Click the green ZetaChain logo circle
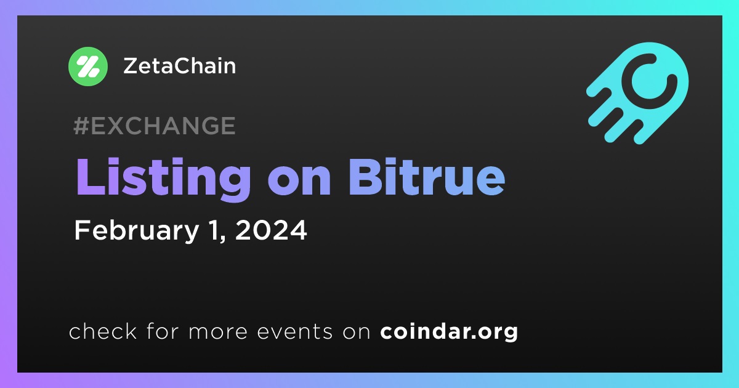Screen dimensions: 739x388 coord(87,67)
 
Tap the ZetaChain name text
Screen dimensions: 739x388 coord(179,66)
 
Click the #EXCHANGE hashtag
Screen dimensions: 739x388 coord(155,126)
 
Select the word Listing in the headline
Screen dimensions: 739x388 coord(163,178)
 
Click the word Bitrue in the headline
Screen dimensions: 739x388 coord(427,177)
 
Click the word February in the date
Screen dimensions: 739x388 coord(136,231)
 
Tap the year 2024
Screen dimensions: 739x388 coord(271,230)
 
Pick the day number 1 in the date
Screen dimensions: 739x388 coord(216,230)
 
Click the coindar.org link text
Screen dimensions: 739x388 coord(449,331)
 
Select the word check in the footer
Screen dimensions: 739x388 coord(103,331)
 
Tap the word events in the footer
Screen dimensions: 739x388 coord(295,331)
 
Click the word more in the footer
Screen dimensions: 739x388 coord(218,332)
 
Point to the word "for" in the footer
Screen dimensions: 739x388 coord(163,331)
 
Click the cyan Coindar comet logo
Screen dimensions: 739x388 coord(637,93)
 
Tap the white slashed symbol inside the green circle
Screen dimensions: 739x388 coord(87,67)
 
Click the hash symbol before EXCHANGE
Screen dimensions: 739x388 coord(81,126)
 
